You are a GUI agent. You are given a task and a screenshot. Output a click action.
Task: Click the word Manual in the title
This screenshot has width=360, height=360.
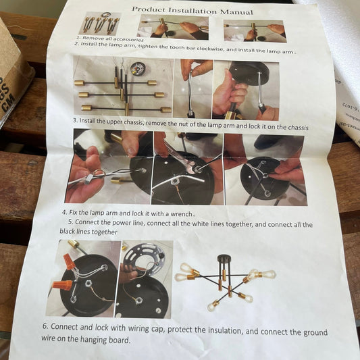[236, 11]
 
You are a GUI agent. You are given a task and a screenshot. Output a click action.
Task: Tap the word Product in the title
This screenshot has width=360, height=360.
[149, 9]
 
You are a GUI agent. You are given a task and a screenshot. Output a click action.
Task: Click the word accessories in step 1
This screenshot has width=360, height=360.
[128, 39]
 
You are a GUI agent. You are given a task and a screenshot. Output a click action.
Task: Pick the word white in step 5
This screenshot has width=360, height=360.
[202, 224]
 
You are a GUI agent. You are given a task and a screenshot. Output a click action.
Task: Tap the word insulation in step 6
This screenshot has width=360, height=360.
[225, 330]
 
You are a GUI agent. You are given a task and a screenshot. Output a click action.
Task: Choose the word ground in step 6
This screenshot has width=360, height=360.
[315, 333]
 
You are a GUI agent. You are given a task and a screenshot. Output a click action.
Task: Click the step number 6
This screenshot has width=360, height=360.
[45, 326]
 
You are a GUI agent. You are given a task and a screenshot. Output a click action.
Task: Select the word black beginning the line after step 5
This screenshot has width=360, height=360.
[67, 231]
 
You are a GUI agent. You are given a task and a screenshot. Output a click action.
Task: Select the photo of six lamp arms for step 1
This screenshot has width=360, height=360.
[99, 24]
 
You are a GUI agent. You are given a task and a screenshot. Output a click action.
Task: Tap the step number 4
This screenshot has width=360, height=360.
[65, 212]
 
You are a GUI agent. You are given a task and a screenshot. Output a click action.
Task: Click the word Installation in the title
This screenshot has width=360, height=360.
[192, 11]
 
